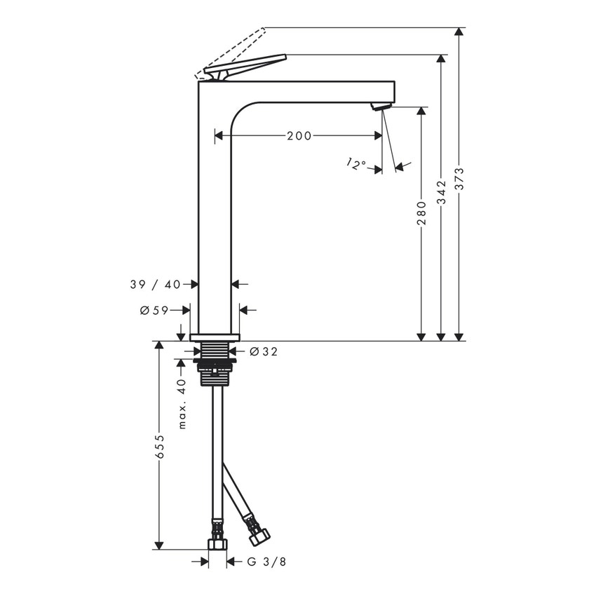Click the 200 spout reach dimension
299,136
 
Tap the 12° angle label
356,165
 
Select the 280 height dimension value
421,214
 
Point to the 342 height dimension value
440,191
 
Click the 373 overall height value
460,181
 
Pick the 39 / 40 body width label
155,284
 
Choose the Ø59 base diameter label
154,311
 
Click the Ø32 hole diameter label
264,351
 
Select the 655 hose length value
160,447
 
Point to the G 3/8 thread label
266,562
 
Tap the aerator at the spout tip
379,107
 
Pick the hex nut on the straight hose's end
217,545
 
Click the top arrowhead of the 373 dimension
460,32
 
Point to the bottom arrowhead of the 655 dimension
160,545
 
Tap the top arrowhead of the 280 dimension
421,112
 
